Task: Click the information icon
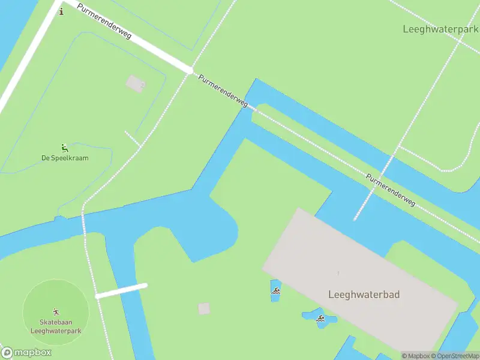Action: (61, 11)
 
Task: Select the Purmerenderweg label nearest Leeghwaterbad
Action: (391, 190)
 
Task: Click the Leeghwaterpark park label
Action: (441, 29)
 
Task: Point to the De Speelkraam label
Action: (65, 158)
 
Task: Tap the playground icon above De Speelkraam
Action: (64, 148)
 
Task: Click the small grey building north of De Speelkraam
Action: (135, 83)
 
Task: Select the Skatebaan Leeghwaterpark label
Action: (56, 326)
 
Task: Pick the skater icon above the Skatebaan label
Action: (56, 312)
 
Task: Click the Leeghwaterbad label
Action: (364, 295)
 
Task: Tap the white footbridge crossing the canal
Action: (121, 290)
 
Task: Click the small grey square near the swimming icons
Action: (204, 308)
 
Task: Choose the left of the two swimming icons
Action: (276, 291)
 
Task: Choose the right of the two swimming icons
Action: (321, 318)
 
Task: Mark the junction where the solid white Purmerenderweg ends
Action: (190, 71)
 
